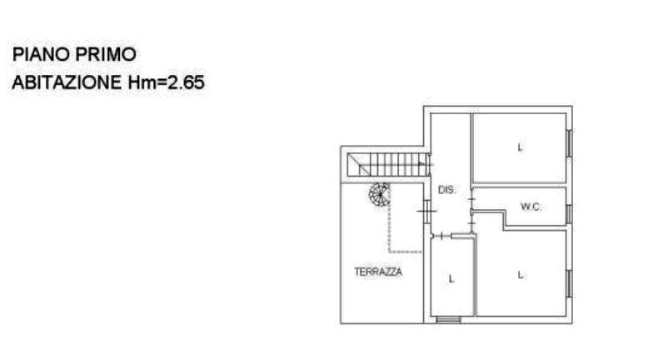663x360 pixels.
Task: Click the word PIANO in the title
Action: [41, 54]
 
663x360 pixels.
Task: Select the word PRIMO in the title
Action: [106, 54]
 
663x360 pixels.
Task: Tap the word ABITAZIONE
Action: [67, 82]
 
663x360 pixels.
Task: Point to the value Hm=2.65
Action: [167, 82]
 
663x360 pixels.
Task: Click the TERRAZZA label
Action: [378, 272]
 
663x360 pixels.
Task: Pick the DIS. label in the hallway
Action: [447, 190]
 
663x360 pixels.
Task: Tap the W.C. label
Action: [531, 207]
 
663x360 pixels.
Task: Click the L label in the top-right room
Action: [520, 147]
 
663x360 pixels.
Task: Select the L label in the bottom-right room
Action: [521, 275]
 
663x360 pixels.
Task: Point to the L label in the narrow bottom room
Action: [451, 279]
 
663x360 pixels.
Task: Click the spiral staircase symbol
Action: [379, 194]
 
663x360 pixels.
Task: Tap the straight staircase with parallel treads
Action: [388, 164]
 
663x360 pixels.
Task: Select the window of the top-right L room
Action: [569, 143]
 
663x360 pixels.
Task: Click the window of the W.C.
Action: [569, 214]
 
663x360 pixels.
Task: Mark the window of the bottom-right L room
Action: [569, 283]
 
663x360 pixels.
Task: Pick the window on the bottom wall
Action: [448, 320]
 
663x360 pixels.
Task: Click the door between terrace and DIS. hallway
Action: [427, 211]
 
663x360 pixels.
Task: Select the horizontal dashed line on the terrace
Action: [406, 252]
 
